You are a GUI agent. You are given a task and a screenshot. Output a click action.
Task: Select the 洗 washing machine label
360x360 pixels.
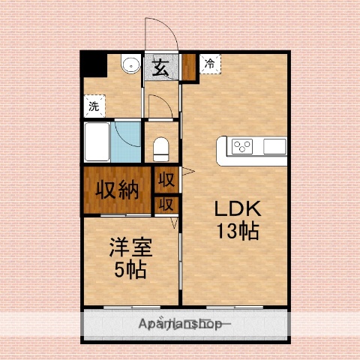click(94, 107)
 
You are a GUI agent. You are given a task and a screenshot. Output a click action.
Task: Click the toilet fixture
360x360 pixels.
click(161, 148)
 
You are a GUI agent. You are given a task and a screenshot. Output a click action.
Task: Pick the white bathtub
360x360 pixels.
click(98, 142)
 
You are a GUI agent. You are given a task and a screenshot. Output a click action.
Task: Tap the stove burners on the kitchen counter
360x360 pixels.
click(243, 146)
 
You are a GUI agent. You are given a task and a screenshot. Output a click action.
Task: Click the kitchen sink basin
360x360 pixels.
click(273, 146)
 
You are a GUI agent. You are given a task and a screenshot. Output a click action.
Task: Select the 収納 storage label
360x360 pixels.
click(118, 188)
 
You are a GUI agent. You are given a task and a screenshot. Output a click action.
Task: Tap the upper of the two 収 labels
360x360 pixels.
click(166, 180)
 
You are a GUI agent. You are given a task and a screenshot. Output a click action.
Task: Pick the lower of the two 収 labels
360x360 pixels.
click(166, 203)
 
